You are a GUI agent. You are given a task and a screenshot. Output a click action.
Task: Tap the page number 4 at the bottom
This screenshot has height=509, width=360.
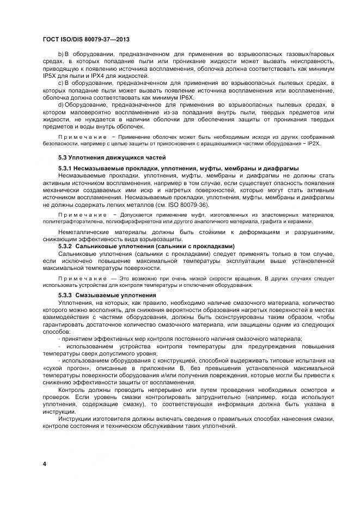point(44,463)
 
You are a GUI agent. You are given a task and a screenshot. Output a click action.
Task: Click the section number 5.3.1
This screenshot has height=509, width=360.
point(66,168)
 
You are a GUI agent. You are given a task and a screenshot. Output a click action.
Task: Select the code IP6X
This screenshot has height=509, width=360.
point(170,96)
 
